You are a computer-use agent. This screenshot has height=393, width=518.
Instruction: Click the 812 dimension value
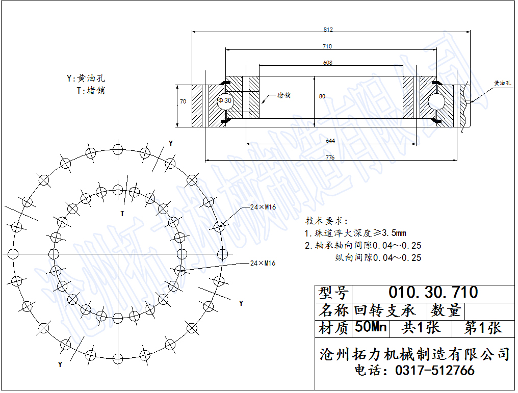pos(328,30)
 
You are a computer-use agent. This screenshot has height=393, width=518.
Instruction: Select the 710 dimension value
pos(327,46)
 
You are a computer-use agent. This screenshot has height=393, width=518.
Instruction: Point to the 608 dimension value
pos(328,63)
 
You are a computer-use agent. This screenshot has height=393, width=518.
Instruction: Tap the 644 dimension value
pos(330,141)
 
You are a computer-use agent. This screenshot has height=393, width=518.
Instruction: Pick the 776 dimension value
pos(330,158)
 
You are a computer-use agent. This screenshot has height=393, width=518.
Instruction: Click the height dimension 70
pos(183,102)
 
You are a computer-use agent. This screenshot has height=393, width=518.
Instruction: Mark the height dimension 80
pos(322,96)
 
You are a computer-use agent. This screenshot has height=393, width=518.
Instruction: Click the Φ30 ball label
pos(225,100)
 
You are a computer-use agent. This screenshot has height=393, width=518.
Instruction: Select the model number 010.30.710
pos(433,292)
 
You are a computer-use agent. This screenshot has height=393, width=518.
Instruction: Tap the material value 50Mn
pos(371,327)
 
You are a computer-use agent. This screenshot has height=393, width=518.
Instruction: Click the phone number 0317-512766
pos(435,370)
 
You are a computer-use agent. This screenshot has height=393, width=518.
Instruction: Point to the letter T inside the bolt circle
pos(122,214)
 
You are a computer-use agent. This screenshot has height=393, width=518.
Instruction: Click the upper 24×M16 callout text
pos(263,207)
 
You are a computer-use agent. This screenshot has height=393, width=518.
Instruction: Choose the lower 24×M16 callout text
pos(263,263)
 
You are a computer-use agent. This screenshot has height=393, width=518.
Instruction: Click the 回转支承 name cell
pos(384,310)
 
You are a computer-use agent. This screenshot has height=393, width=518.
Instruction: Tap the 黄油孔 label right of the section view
pos(502,83)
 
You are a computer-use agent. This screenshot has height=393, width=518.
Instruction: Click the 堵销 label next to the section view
pos(284,95)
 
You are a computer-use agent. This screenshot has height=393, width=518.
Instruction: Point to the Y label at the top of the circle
pos(171,143)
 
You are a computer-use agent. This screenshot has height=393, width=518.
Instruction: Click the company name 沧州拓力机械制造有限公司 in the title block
pos(415,354)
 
